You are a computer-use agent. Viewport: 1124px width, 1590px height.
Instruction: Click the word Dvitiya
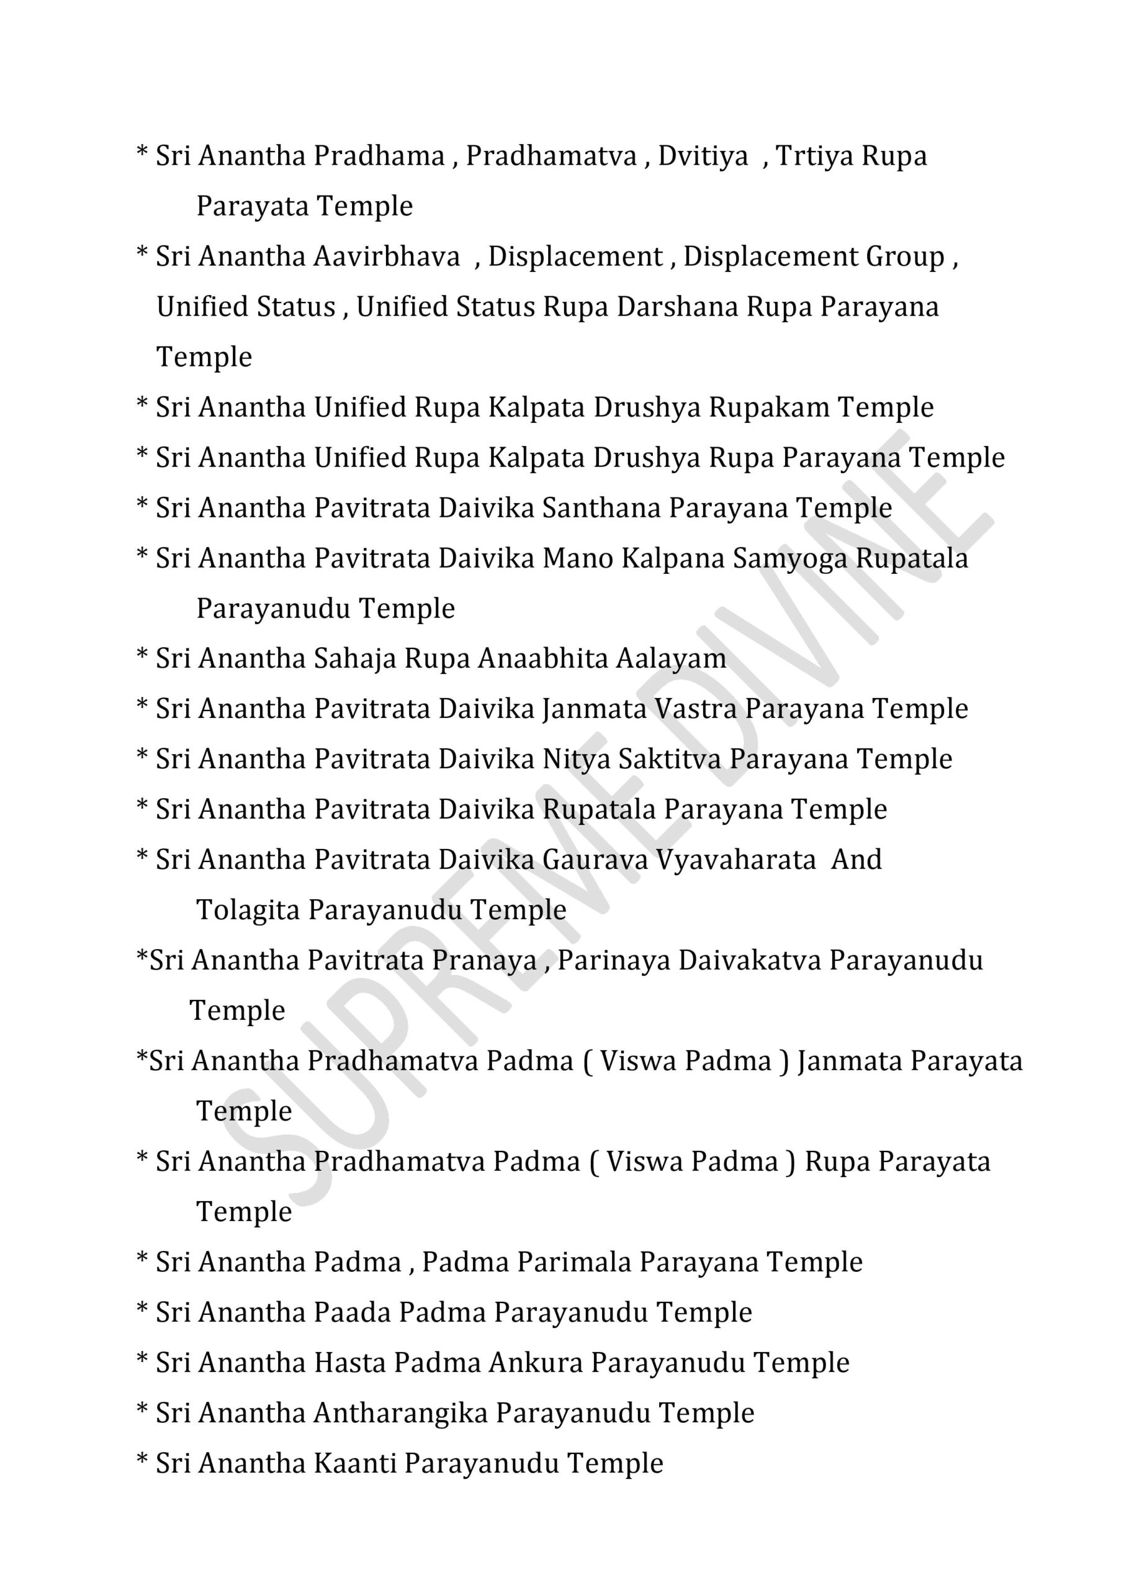[x=703, y=157]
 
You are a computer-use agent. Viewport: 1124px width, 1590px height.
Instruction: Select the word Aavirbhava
[x=386, y=257]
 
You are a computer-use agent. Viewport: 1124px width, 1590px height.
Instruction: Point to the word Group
[x=904, y=257]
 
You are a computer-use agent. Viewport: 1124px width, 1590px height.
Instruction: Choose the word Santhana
[x=601, y=507]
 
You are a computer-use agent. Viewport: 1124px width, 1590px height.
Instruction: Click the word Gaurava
[x=595, y=860]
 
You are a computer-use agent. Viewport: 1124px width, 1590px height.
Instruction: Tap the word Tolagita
[x=248, y=911]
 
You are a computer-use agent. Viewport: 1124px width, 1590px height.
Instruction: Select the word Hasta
[x=349, y=1363]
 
